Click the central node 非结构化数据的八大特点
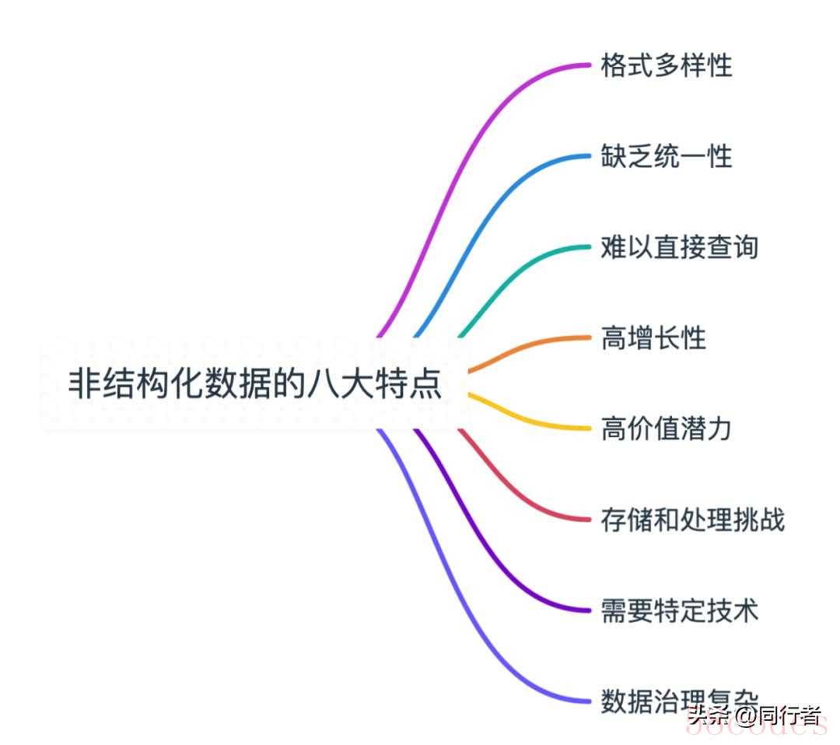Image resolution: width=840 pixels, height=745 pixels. (255, 384)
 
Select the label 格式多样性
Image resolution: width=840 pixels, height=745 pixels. (667, 65)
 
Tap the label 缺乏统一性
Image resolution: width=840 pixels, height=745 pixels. (667, 156)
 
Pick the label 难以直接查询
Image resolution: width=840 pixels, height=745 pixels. (679, 247)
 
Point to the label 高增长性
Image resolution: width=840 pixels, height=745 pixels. (653, 338)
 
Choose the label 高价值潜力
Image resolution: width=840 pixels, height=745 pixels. (667, 428)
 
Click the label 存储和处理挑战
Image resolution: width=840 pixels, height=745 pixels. (692, 519)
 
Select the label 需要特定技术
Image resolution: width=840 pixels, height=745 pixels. (679, 610)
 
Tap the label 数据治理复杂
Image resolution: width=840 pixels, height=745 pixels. (679, 701)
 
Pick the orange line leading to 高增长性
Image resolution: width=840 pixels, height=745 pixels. (529, 345)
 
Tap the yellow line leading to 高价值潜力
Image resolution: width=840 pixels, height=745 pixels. (529, 421)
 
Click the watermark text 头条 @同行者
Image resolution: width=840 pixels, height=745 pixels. (754, 714)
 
